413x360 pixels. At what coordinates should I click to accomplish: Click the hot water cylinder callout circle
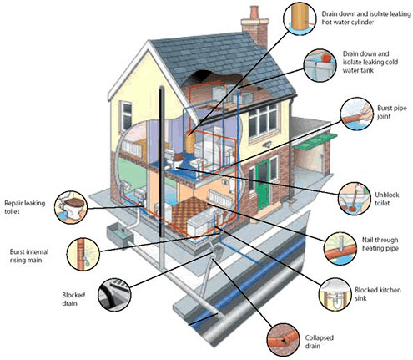pos(300,18)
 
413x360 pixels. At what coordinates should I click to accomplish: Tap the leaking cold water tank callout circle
pos(319,65)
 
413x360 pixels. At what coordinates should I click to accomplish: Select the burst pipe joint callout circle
pos(357,114)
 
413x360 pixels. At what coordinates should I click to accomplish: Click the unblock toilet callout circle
pos(355,199)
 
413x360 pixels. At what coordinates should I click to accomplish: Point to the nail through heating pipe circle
pos(341,249)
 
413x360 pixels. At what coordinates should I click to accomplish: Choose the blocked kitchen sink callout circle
pos(335,294)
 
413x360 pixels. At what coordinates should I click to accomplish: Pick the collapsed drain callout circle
pos(284,339)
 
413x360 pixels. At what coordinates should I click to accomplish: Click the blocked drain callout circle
pos(114,295)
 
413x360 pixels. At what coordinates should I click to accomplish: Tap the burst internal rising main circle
pos(83,254)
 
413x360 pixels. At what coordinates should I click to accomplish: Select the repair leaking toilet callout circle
pos(71,207)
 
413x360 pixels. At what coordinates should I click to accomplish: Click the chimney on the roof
pos(254,27)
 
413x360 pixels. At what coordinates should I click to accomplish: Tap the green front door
pos(263,185)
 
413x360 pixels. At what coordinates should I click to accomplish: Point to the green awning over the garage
pos(316,142)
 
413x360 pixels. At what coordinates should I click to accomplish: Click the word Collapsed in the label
pos(319,338)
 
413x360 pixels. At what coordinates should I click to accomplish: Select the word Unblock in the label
pos(387,195)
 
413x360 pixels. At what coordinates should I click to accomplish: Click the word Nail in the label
pos(368,240)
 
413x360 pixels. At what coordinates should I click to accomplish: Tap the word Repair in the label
pos(14,203)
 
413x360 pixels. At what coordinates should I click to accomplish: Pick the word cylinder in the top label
pos(361,22)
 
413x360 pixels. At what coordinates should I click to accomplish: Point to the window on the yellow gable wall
pos(126,116)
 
